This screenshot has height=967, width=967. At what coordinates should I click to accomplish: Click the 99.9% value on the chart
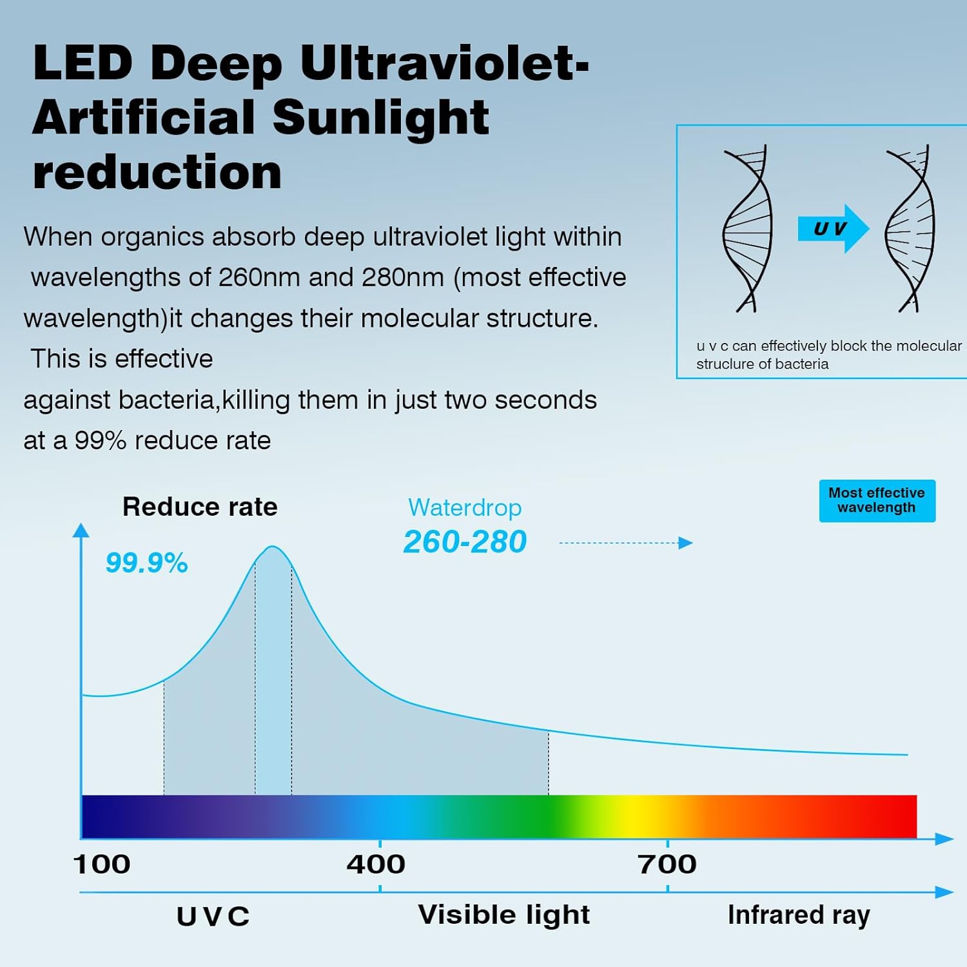146,563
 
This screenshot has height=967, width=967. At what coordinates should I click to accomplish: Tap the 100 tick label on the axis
102,864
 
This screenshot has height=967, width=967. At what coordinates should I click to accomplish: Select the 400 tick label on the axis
376,864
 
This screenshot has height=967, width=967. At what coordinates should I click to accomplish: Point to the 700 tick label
667,864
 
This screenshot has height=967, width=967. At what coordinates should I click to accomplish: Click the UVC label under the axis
213,917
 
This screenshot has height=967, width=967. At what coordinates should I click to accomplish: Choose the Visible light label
503,915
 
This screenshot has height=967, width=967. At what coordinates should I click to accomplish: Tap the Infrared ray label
799,915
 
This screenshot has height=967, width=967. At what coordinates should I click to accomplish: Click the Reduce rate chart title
200,507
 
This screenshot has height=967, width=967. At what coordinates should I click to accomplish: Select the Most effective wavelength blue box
877,500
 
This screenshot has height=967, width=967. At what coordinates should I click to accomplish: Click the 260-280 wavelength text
465,542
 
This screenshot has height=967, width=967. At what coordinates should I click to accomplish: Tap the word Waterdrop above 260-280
465,508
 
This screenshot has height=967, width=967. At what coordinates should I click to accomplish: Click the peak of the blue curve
273,547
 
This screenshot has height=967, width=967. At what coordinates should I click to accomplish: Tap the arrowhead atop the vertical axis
81,531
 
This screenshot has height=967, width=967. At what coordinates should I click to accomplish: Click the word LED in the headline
83,64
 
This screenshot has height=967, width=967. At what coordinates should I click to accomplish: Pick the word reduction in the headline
157,172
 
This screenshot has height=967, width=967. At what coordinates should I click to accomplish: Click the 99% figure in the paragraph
100,441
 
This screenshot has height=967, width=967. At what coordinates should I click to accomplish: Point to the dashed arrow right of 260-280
625,543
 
